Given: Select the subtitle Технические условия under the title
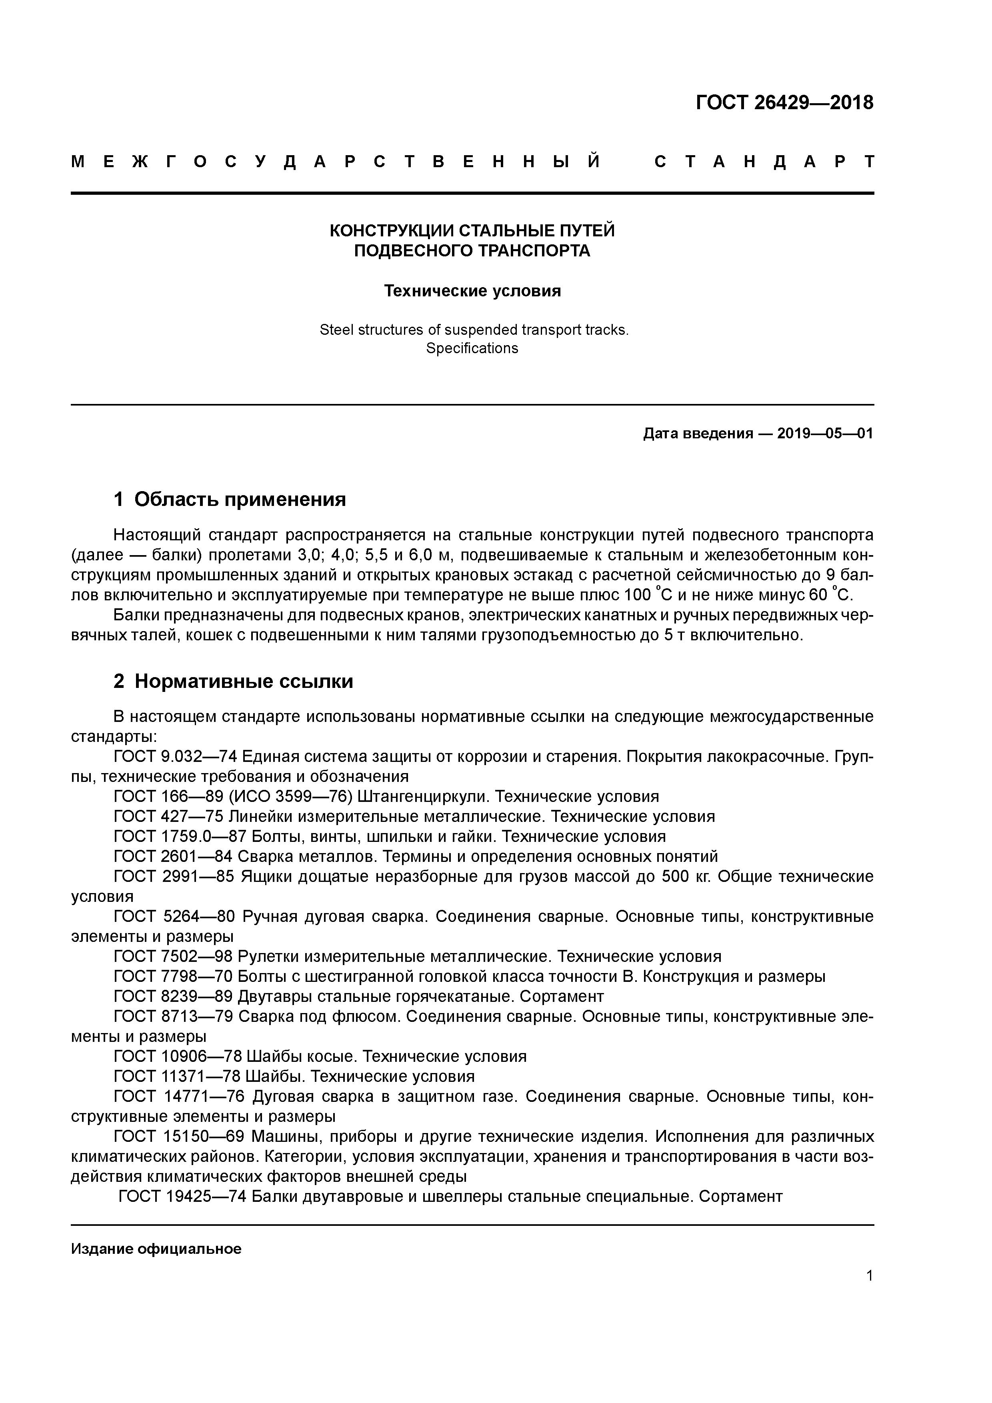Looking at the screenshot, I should tap(472, 291).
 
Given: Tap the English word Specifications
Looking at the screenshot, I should tap(472, 348).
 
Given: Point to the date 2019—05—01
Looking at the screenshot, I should tap(824, 434).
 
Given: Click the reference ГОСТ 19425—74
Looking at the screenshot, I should tap(182, 1197).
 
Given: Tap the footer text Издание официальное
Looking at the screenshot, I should tap(156, 1249).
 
